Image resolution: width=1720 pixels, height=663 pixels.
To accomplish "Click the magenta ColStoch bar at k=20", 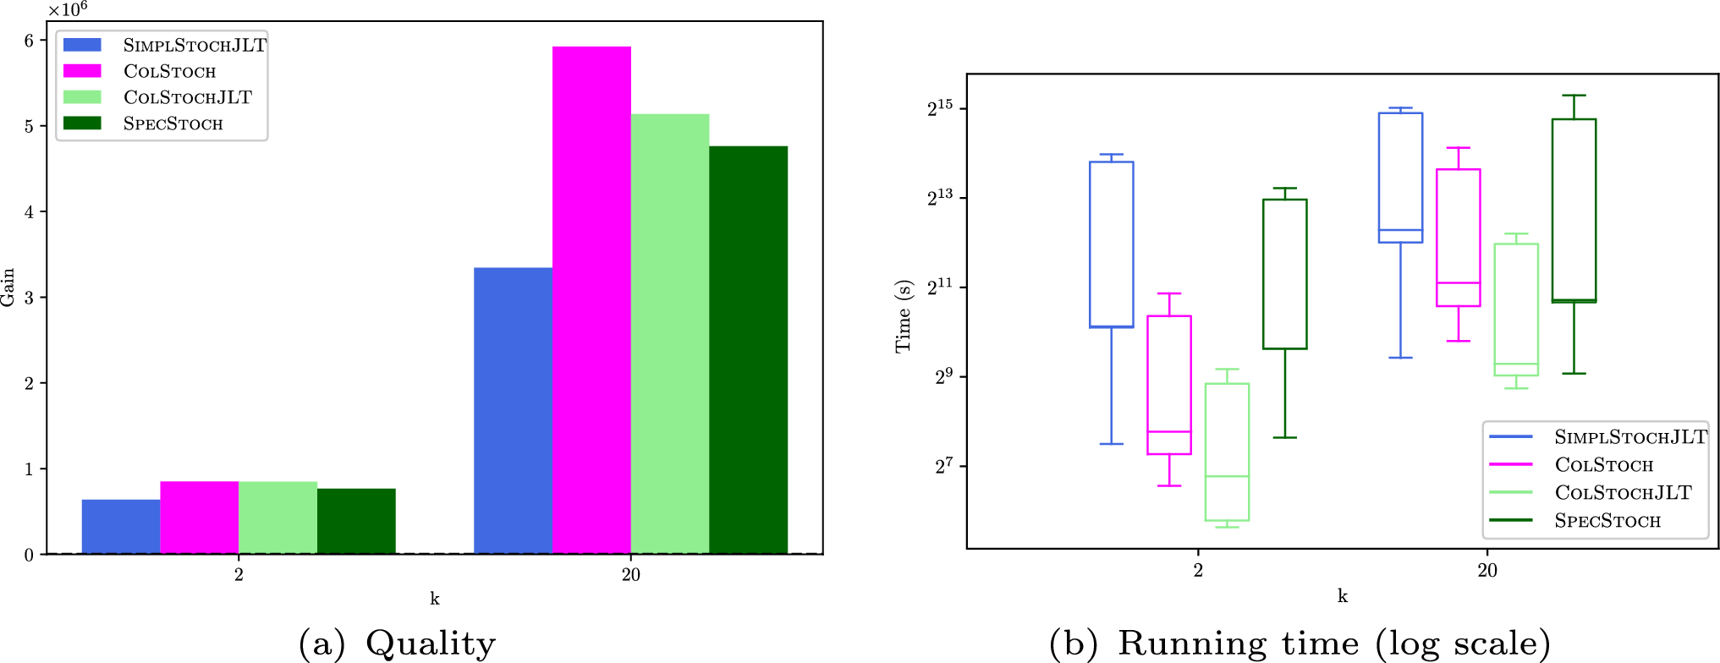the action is [591, 300].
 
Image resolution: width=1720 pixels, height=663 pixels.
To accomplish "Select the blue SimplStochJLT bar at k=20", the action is [513, 411].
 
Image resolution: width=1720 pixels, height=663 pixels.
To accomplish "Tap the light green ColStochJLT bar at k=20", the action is [670, 334].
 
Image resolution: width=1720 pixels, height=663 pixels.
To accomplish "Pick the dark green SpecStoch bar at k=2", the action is [356, 522].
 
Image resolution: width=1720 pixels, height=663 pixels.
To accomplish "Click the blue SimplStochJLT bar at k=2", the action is [121, 527].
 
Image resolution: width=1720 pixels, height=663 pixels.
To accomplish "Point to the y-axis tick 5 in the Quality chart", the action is [30, 127].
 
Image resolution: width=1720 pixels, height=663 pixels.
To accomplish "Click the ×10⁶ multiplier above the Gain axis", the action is [68, 9].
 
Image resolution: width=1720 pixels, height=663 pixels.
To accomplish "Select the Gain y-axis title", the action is [8, 288].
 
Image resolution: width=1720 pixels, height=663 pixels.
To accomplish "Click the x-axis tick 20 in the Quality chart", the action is [631, 575].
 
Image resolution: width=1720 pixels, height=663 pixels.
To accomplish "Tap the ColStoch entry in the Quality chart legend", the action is [169, 71].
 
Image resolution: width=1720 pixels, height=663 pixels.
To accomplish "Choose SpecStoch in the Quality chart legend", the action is [173, 123].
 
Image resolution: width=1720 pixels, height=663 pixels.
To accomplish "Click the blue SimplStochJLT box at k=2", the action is [1112, 244].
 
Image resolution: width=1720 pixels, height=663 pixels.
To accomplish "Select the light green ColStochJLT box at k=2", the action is [1227, 452].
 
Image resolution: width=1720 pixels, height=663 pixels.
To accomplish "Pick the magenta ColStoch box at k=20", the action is [1459, 238].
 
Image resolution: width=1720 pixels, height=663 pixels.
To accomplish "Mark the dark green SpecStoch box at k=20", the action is [1574, 211].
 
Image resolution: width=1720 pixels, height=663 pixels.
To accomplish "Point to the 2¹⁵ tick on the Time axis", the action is [940, 107].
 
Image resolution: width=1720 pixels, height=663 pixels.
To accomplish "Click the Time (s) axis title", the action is [904, 316].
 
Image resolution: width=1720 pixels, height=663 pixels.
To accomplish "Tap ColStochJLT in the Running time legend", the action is [1623, 493].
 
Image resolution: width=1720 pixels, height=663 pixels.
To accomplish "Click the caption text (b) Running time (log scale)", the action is [1300, 644].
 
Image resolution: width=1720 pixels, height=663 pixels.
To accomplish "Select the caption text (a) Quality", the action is [397, 644].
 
